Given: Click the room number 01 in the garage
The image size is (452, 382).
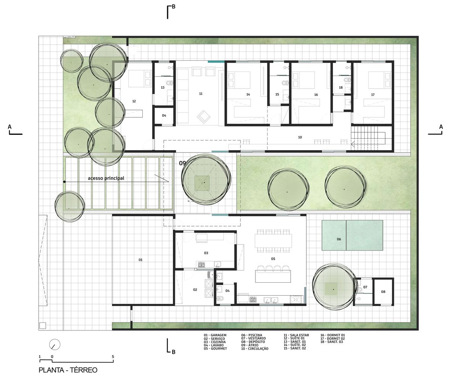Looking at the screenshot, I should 140,260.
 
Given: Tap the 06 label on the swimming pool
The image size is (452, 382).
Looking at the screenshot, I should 339,239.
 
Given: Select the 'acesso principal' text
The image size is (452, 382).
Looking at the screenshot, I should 106,178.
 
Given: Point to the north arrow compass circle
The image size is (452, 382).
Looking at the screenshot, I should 55,344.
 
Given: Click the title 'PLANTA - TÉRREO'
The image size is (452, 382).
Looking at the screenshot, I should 68,370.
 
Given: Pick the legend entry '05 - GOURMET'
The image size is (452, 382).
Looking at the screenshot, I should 215,348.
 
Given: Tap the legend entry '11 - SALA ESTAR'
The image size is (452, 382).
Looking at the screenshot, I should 296,335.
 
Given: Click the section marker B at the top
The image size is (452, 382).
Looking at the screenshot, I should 173,6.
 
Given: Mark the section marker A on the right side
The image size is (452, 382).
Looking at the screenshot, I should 441,127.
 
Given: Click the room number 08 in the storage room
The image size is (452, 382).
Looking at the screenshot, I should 383,292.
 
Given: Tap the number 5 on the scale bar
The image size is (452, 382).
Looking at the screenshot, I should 113,357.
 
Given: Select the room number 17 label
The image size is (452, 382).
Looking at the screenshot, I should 373,94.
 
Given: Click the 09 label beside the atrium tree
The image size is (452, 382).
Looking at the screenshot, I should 182,163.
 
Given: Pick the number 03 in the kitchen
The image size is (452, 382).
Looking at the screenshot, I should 206,253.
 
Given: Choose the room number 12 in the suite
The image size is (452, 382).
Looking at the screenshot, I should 134,101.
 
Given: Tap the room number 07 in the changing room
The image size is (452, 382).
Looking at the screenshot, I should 365,287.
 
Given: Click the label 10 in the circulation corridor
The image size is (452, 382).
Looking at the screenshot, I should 300,137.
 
